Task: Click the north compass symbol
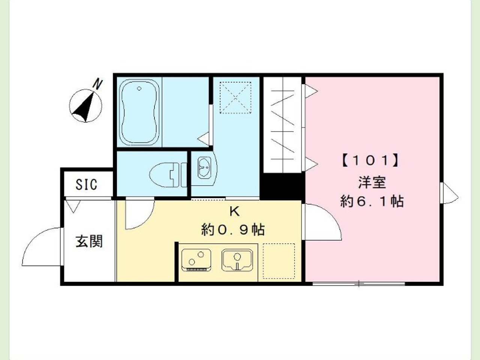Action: [x=85, y=106]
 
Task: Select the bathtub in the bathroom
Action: [x=139, y=112]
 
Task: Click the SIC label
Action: [x=87, y=184]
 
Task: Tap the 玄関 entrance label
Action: [x=89, y=241]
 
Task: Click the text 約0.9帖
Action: [x=233, y=229]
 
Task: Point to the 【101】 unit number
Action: [x=371, y=161]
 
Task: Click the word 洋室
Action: [x=371, y=183]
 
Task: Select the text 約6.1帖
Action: [x=371, y=201]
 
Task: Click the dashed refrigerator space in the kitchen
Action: [x=278, y=261]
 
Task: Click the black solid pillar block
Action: [x=282, y=186]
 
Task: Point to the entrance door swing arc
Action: [x=41, y=247]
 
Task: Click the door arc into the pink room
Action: [x=322, y=221]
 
